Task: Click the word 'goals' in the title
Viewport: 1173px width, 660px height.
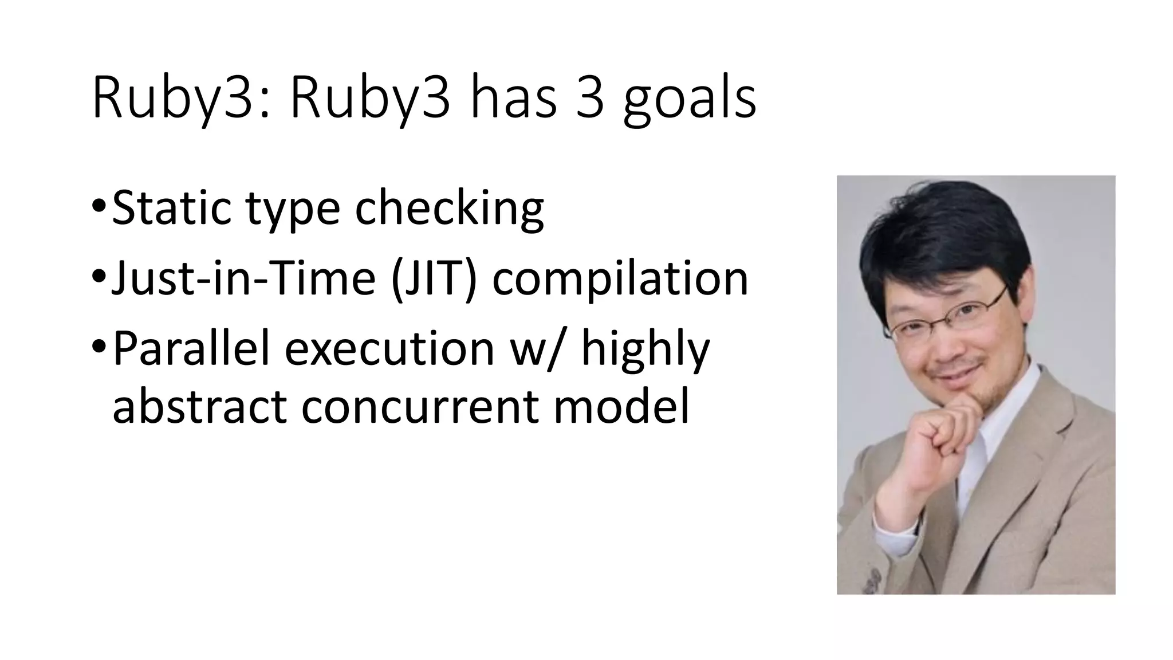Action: pyautogui.click(x=689, y=100)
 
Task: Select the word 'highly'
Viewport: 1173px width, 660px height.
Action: pyautogui.click(x=645, y=350)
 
